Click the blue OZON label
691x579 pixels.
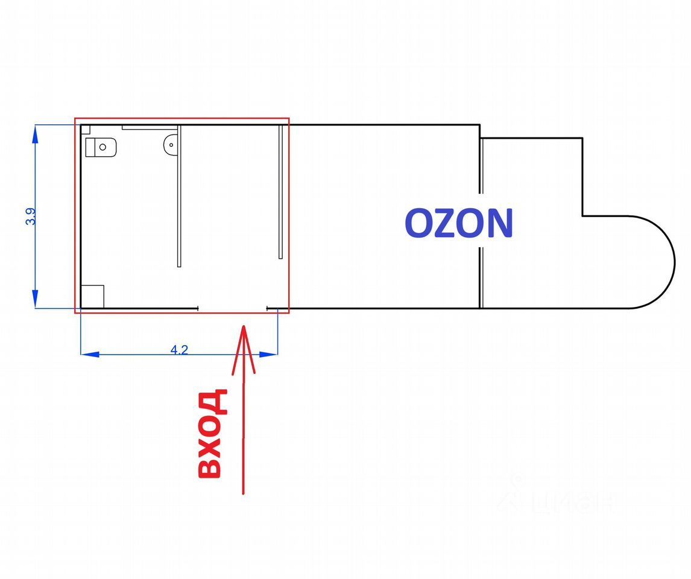(458, 223)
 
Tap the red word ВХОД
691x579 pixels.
(213, 434)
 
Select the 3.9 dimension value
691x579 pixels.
(30, 217)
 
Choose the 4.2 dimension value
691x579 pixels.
(179, 349)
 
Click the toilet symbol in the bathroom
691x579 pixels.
(100, 147)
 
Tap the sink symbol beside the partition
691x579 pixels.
(171, 144)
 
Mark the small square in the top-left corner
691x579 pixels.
(86, 129)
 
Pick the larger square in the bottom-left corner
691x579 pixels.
(93, 296)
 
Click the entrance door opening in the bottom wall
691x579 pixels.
(233, 308)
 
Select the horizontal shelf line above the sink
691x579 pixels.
(149, 128)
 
